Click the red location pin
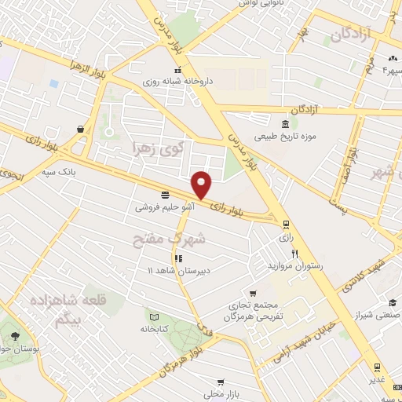[x=203, y=184]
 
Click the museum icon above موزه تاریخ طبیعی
[x=284, y=124]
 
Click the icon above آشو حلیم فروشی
[x=164, y=195]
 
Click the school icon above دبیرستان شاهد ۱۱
[x=178, y=258]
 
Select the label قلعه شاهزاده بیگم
[x=62, y=309]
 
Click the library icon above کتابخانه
[x=153, y=318]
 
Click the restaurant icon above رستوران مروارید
[x=295, y=253]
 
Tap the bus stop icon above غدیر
[x=377, y=367]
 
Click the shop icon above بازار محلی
[x=213, y=379]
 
